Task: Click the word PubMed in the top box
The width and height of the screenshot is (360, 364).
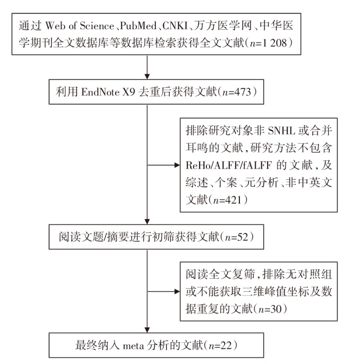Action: pyautogui.click(x=138, y=26)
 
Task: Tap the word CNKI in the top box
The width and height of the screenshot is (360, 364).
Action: pyautogui.click(x=175, y=26)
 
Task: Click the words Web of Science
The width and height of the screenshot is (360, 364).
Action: pyautogui.click(x=79, y=26)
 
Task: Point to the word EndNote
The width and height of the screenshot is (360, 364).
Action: pyautogui.click(x=100, y=92)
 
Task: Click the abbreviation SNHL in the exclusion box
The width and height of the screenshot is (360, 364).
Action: pyautogui.click(x=281, y=131)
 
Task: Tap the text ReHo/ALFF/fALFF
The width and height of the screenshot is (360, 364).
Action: pyautogui.click(x=229, y=165)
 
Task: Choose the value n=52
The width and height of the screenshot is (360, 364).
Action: pyautogui.click(x=237, y=237)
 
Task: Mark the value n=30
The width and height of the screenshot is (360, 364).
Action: pyautogui.click(x=270, y=309)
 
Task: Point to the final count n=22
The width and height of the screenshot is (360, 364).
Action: pyautogui.click(x=220, y=345)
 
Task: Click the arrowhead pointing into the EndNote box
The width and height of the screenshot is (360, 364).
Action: pyautogui.click(x=147, y=77)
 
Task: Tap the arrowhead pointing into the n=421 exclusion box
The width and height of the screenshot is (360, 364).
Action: pyautogui.click(x=177, y=165)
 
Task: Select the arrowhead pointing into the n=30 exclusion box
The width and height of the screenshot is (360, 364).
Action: pyautogui.click(x=177, y=291)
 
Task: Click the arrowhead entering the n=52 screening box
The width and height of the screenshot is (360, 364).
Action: pyautogui.click(x=147, y=221)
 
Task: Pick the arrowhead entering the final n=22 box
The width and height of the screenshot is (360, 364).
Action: pyautogui.click(x=147, y=330)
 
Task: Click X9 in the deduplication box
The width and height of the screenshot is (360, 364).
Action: pyautogui.click(x=129, y=92)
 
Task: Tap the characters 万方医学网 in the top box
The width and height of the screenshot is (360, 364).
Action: pyautogui.click(x=223, y=26)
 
